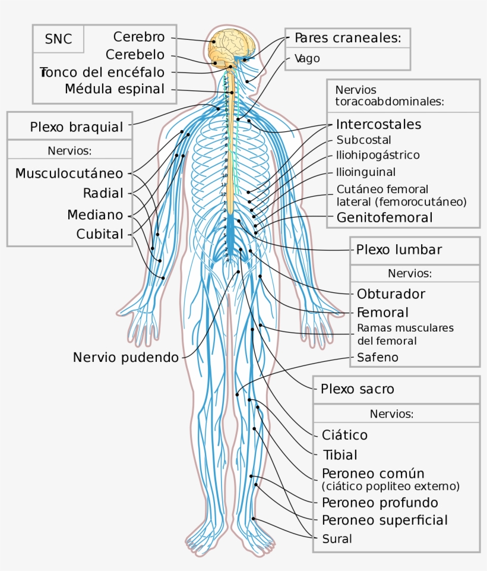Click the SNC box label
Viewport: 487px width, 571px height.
coord(58,40)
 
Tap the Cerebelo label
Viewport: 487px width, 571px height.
coord(135,54)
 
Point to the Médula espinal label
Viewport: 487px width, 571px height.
coord(114,89)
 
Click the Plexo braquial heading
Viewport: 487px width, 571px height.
coord(77,127)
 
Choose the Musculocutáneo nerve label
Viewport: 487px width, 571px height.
coord(69,173)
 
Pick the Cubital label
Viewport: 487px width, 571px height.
coord(100,234)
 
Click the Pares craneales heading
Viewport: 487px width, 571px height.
coord(348,38)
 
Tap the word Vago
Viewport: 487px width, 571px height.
coord(307,58)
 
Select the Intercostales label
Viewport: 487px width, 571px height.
coord(378,124)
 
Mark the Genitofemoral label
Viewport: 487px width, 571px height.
coord(384,217)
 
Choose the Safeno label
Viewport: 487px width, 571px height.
coord(377,358)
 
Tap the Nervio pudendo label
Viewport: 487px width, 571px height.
coord(125,357)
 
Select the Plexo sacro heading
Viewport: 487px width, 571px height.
coord(358,389)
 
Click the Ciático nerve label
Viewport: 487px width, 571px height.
coord(344,435)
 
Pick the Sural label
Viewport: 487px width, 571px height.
coord(337,539)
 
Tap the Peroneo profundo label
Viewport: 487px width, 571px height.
coord(380,503)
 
